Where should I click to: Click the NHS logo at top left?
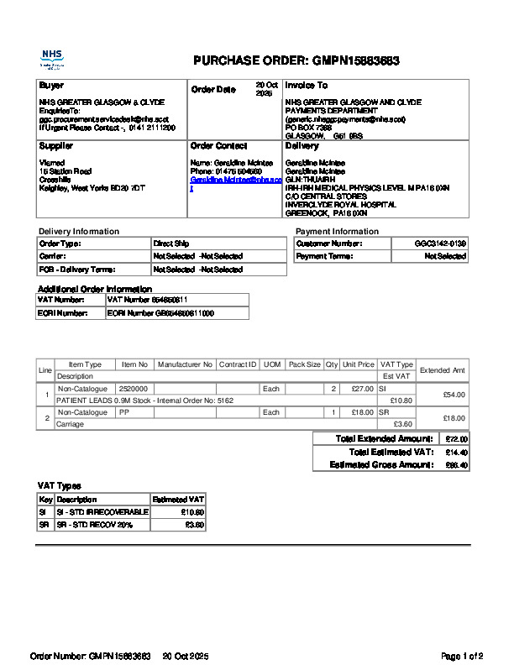click(x=52, y=59)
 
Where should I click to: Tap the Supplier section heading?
click(x=55, y=146)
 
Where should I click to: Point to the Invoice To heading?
click(x=306, y=86)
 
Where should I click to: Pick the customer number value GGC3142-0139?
click(x=440, y=243)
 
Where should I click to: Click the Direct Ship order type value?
click(x=171, y=243)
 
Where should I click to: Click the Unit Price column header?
click(x=358, y=364)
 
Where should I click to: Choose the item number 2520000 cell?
click(x=134, y=389)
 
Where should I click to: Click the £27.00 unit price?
click(x=362, y=389)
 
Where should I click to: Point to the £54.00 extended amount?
click(x=454, y=395)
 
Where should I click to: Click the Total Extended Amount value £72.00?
click(x=456, y=439)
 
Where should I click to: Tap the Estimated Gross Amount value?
click(x=456, y=464)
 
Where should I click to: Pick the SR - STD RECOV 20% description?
click(x=94, y=525)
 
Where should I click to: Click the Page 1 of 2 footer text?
click(x=462, y=655)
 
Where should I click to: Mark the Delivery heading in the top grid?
click(x=302, y=146)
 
